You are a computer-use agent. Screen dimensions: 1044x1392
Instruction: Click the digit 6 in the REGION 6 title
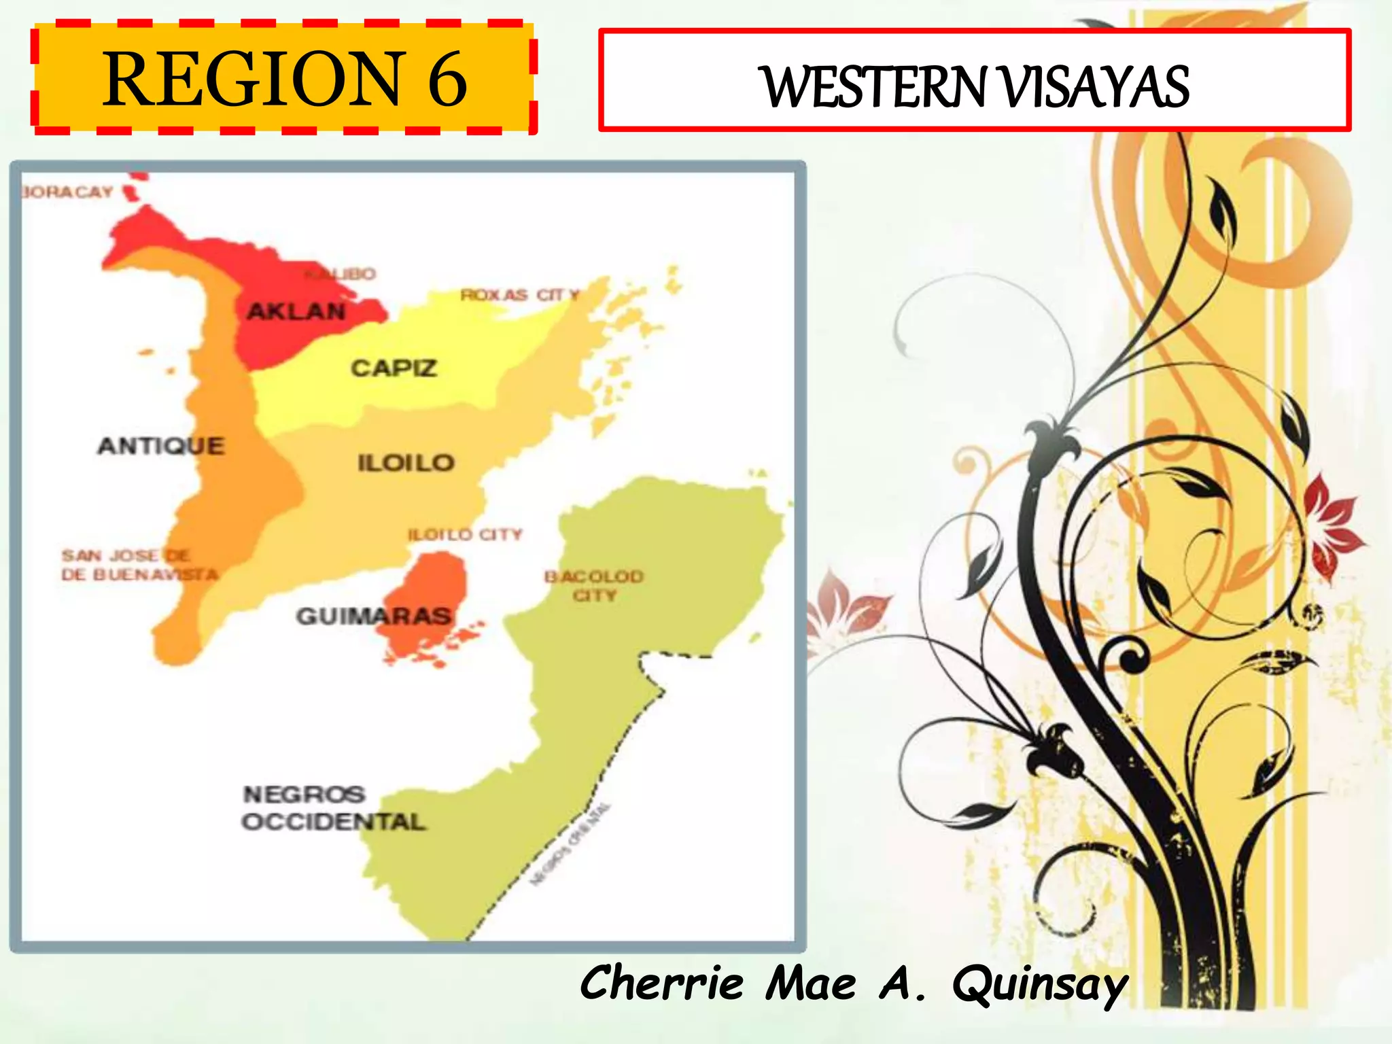click(447, 80)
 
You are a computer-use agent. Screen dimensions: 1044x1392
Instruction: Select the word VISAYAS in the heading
click(1095, 86)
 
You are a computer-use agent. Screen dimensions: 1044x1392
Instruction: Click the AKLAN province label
click(296, 311)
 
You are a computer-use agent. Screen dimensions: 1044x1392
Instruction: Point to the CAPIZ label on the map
click(394, 368)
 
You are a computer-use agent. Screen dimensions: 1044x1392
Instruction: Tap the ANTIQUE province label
click(161, 446)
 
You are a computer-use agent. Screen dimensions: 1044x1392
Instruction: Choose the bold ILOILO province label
click(406, 463)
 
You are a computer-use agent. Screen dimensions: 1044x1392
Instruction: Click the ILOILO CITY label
click(465, 535)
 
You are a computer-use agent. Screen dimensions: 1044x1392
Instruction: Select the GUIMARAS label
click(373, 616)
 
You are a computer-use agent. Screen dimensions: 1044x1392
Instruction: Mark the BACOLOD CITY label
click(594, 585)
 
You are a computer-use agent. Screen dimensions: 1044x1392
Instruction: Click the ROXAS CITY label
click(520, 295)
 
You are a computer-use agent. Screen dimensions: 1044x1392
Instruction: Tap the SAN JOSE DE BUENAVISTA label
click(139, 565)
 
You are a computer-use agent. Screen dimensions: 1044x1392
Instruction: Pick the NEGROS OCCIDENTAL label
click(333, 807)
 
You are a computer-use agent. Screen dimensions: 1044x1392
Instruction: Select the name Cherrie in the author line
click(662, 983)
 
